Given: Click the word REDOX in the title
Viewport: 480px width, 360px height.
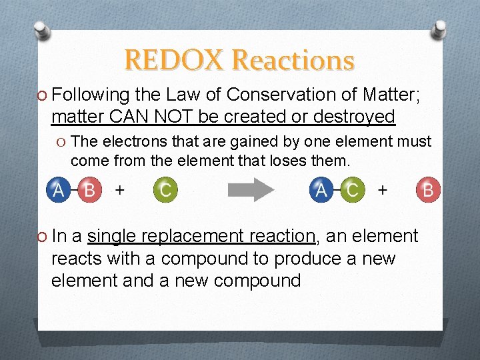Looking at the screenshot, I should point(175,61).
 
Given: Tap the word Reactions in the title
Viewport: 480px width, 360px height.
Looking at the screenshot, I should point(293,61).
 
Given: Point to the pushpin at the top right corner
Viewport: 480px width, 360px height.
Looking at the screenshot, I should point(440,30).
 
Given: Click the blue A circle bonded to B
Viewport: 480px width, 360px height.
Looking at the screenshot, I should point(59,190).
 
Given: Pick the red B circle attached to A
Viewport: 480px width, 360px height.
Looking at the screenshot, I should point(89,190).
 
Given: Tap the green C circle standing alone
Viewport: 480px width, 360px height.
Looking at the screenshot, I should point(165,190).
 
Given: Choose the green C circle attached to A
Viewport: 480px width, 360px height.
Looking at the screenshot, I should point(352,190).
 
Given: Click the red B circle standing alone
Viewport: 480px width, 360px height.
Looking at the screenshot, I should point(427,190).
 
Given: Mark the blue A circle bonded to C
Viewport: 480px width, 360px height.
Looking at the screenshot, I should point(321,190).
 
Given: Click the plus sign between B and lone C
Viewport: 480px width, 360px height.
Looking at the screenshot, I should point(119,189).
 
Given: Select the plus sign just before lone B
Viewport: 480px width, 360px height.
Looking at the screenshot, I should point(382,189).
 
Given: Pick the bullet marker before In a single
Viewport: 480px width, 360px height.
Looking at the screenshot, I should point(42,237).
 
